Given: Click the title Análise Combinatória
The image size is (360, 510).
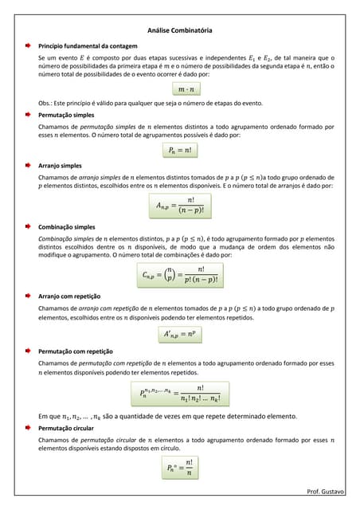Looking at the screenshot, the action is tap(180, 30).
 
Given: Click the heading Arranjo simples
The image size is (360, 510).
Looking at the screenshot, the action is tap(60, 165).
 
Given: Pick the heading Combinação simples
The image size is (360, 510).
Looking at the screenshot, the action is tap(67, 227).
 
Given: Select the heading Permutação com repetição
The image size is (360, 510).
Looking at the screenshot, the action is tap(76, 351).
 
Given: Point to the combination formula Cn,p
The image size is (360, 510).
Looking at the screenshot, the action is tap(180, 275).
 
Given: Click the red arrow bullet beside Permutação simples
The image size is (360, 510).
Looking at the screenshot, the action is tap(26, 116).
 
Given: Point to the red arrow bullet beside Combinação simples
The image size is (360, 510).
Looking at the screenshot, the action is tap(26, 227).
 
